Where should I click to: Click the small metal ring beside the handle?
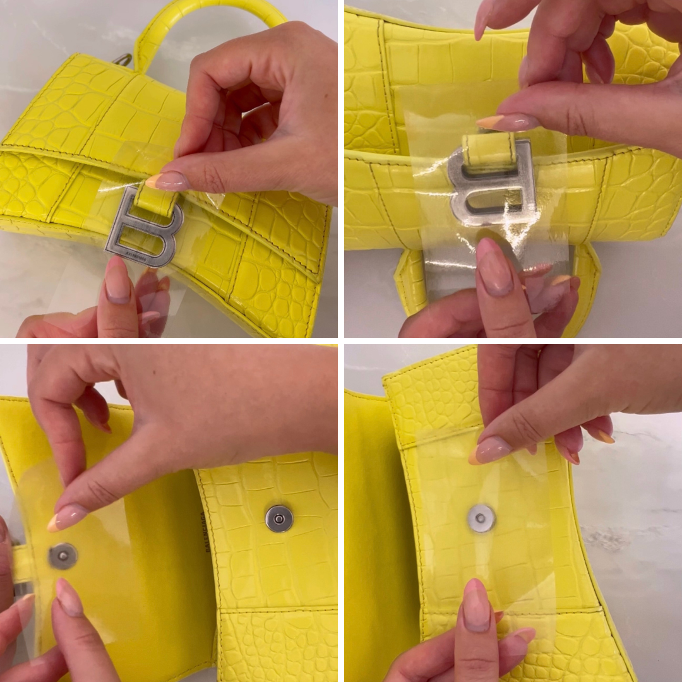[x=124, y=60]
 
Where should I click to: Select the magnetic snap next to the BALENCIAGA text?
[x=278, y=518]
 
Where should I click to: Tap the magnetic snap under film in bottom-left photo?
[x=63, y=556]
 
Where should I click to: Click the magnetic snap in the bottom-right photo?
[x=481, y=518]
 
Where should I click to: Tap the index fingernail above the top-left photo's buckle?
[x=166, y=182]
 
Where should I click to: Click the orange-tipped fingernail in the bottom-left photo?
[x=66, y=517]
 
